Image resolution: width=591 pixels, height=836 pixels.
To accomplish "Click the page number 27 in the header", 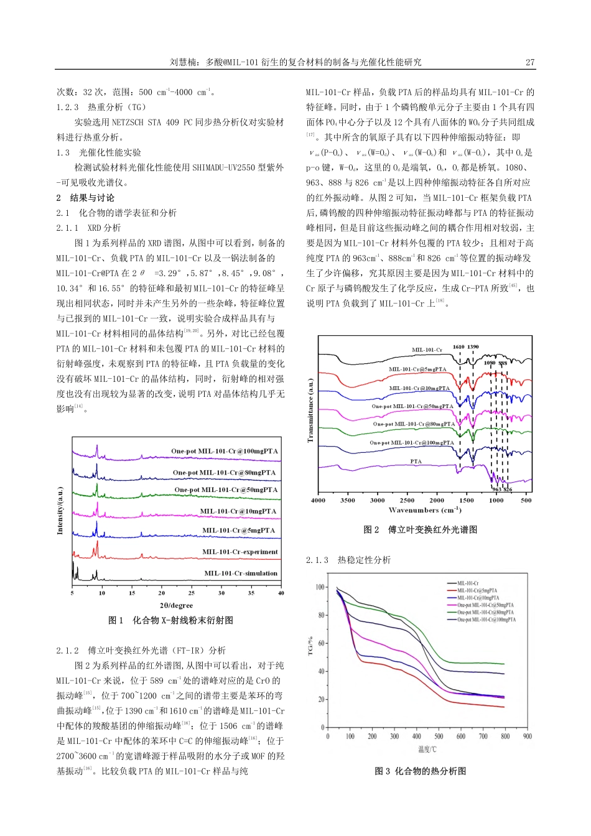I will click(530, 62).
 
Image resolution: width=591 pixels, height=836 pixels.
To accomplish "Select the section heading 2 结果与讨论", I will click(85, 198).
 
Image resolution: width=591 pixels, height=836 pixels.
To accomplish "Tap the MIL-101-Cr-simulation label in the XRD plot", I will click(241, 574).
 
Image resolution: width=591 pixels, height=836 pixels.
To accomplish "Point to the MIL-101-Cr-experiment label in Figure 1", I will click(240, 552).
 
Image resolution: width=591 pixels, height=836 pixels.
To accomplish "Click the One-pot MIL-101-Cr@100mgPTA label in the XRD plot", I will click(225, 452).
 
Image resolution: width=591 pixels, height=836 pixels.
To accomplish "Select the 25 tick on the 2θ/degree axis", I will click(192, 593).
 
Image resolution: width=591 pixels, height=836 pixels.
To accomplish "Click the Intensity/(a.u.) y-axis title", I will click(60, 510).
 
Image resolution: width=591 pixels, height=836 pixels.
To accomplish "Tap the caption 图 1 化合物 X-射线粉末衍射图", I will click(170, 621).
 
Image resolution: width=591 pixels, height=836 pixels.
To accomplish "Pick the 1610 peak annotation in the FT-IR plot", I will click(458, 347).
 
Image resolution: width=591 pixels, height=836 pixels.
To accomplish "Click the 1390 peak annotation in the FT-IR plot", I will click(473, 347).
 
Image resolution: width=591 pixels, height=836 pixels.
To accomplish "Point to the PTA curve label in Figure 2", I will click(416, 462).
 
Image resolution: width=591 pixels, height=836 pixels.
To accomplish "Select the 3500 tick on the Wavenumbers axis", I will click(348, 500).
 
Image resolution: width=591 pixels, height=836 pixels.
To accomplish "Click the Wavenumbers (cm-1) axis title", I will click(425, 510).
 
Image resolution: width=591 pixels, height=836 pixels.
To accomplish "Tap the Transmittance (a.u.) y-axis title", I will click(310, 411).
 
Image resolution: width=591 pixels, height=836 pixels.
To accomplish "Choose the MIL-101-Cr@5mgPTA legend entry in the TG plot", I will click(477, 591).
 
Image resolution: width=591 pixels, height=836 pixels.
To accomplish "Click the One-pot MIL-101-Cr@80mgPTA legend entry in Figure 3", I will click(485, 612).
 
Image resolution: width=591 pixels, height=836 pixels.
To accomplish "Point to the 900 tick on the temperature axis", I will click(528, 736).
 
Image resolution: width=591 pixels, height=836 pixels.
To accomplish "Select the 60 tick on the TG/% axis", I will click(321, 643).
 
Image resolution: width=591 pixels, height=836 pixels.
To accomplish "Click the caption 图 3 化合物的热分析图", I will click(420, 771).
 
